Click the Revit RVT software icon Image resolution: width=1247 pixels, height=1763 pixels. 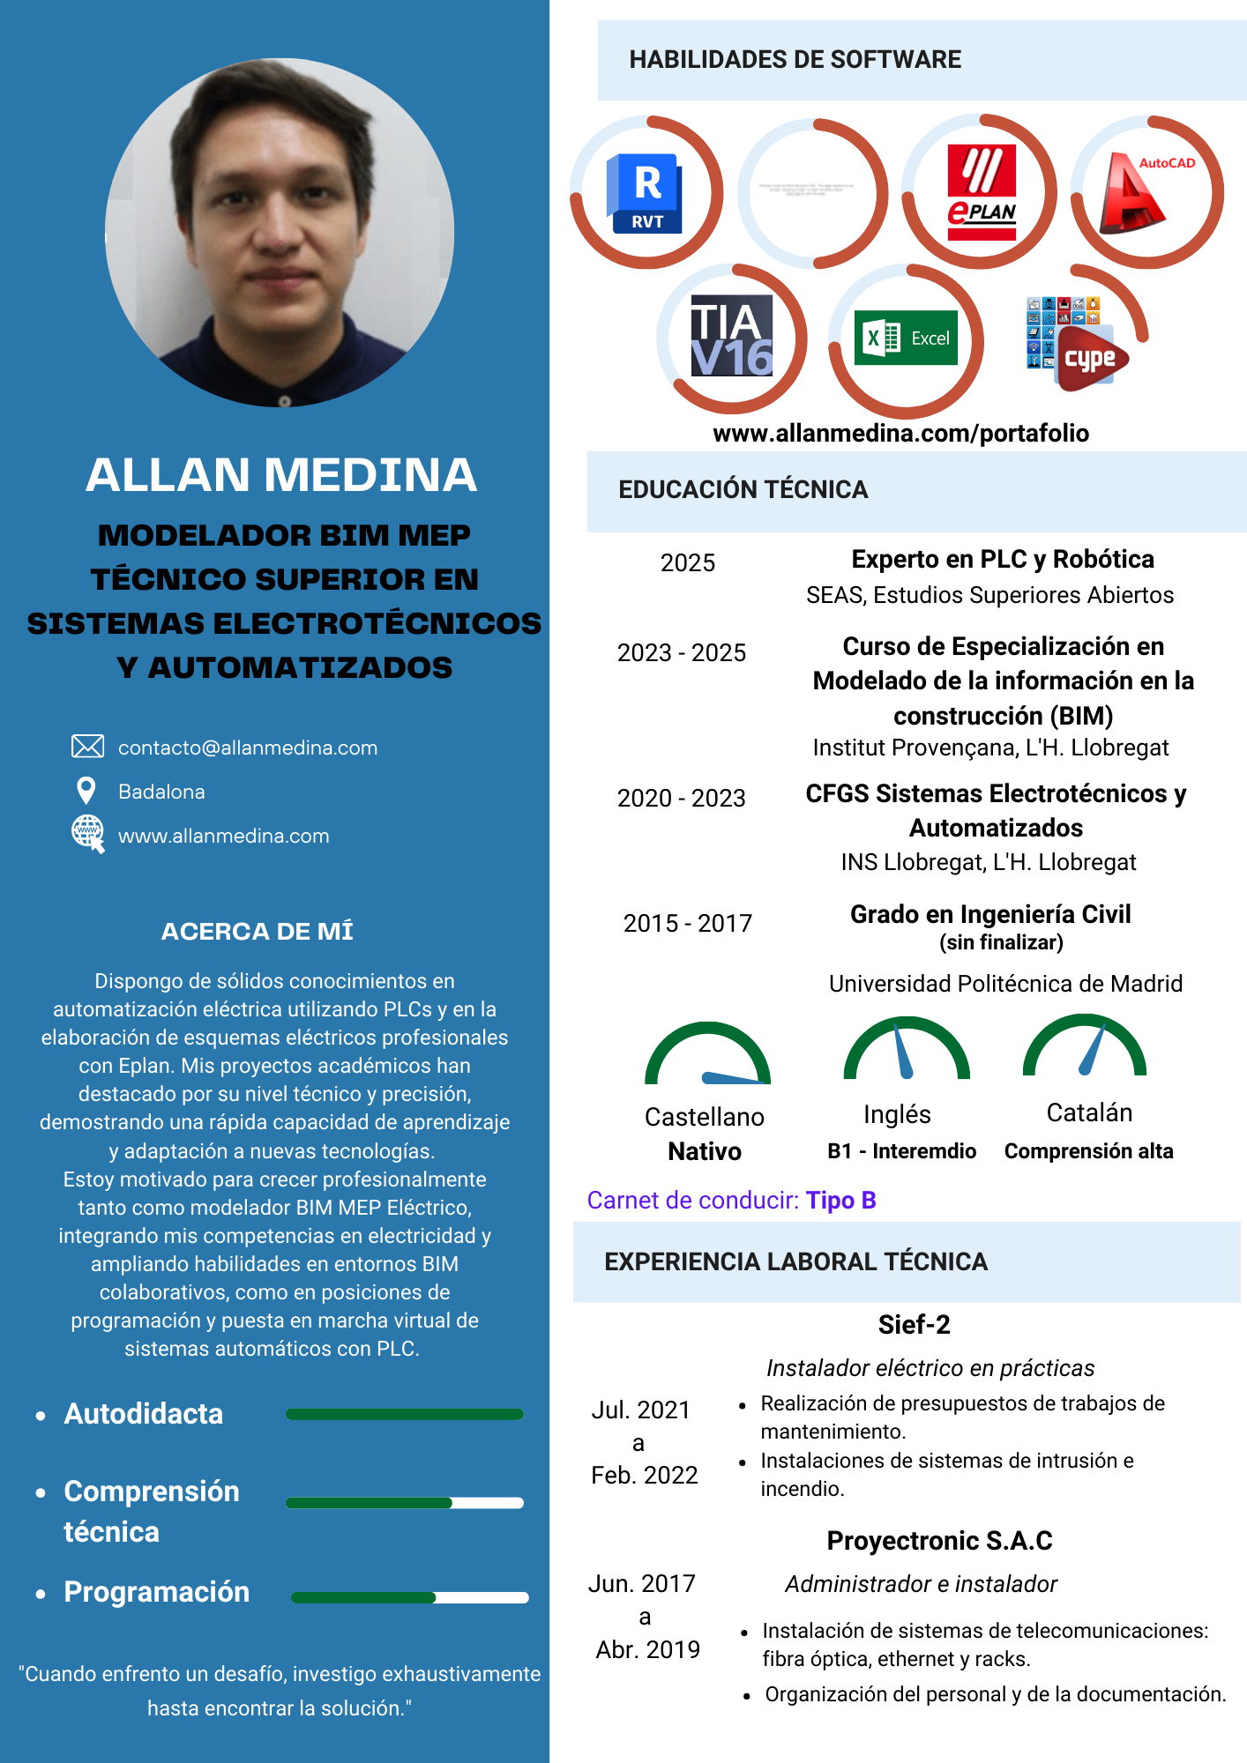[646, 193]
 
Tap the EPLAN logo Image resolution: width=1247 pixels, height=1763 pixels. [982, 192]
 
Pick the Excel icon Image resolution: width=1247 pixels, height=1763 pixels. [907, 338]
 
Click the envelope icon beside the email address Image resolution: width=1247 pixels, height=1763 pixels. [87, 747]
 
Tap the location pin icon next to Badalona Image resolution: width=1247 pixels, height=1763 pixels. [86, 791]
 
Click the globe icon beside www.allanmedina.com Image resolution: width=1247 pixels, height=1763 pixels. [87, 833]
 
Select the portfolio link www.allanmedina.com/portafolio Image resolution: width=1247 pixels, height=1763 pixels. [900, 433]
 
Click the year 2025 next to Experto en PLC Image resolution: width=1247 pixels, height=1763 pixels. [688, 562]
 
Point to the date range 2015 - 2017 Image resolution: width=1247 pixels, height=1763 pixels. [688, 923]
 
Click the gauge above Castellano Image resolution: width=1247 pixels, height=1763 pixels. [707, 1055]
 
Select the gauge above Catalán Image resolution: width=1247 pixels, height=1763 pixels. [1085, 1046]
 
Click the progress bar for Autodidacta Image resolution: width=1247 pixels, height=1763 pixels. [404, 1414]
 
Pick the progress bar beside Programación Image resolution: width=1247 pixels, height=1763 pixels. [409, 1597]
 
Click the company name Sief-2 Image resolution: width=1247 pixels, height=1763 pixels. [914, 1324]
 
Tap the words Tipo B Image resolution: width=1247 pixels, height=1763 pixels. [840, 1200]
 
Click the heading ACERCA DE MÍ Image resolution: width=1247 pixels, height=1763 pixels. [258, 931]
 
